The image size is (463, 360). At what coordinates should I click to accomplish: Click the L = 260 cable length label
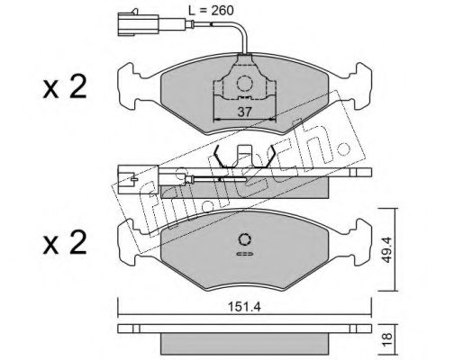pos(211,11)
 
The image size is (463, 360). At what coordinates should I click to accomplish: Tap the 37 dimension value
pos(244,112)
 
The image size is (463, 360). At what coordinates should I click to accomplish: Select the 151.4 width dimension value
pos(244,307)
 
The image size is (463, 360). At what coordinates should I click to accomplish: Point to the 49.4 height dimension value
pos(387,249)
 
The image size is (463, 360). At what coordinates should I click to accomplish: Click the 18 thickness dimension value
pos(387,339)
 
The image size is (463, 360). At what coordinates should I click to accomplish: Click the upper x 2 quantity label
pos(65,87)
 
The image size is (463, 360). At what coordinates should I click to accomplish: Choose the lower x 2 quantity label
pos(65,243)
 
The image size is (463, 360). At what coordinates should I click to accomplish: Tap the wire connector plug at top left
pos(138,24)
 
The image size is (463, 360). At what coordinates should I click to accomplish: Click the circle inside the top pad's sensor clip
pos(244,83)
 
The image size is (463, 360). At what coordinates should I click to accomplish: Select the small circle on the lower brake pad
pos(245,239)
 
